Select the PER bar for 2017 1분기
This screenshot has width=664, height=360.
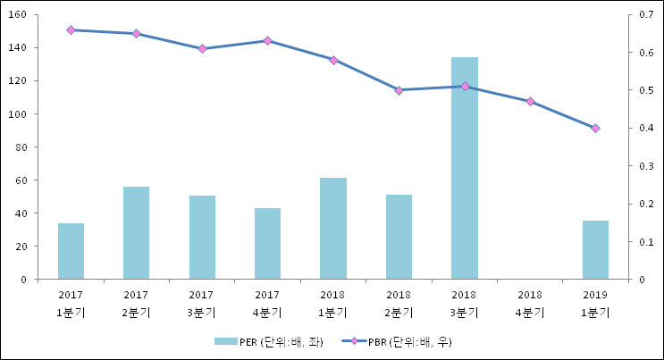click(x=71, y=251)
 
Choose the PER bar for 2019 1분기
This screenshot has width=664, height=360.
click(x=595, y=249)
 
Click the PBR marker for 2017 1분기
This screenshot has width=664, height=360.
click(x=71, y=29)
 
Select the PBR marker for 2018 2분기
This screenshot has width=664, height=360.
click(x=399, y=90)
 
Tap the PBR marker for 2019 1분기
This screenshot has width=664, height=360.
click(x=595, y=128)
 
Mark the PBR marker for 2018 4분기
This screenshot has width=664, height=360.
click(x=530, y=101)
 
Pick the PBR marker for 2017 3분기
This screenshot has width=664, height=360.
click(x=202, y=48)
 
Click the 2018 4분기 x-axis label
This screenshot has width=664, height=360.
click(x=530, y=303)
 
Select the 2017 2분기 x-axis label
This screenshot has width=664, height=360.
click(x=136, y=303)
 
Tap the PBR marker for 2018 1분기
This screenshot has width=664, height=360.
click(x=333, y=60)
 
